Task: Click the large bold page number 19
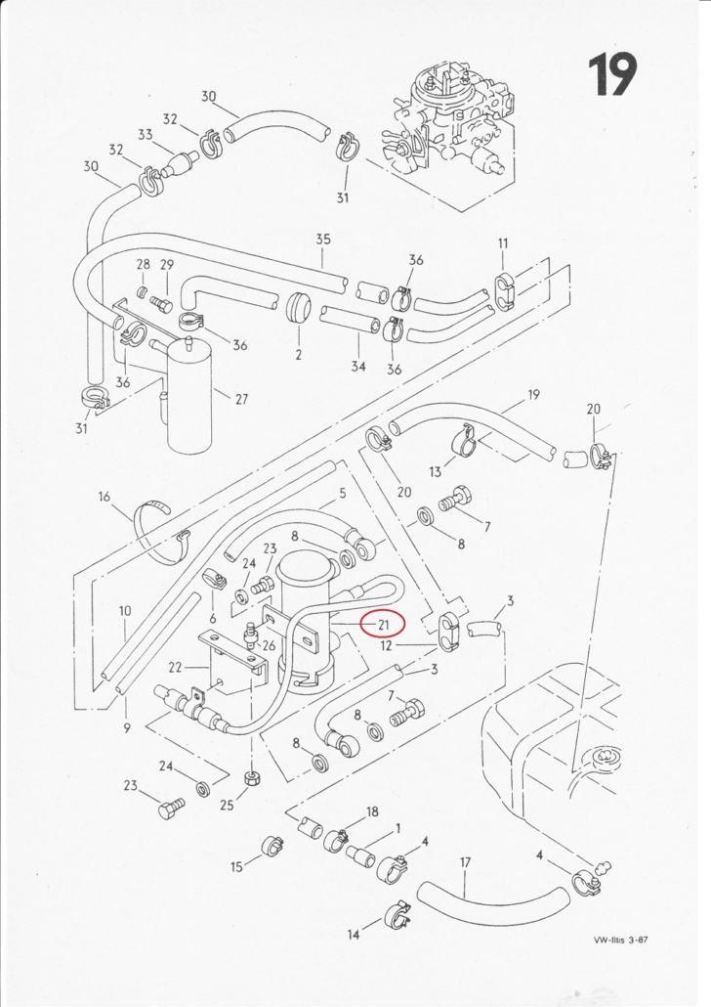coord(612,75)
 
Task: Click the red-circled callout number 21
coord(383,623)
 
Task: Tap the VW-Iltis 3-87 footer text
coord(621,941)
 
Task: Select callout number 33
coord(146,135)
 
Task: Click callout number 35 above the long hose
coord(323,239)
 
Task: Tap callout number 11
coord(503,242)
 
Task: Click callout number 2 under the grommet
coord(298,354)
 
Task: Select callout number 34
coord(358,366)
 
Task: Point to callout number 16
coord(105,497)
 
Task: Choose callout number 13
coord(436,472)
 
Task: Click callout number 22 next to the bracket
coord(175,668)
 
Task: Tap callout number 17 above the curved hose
coord(465,863)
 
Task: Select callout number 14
coord(353,936)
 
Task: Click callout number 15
coord(236,866)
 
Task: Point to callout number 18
coord(371,812)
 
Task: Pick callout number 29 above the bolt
coord(166,266)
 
